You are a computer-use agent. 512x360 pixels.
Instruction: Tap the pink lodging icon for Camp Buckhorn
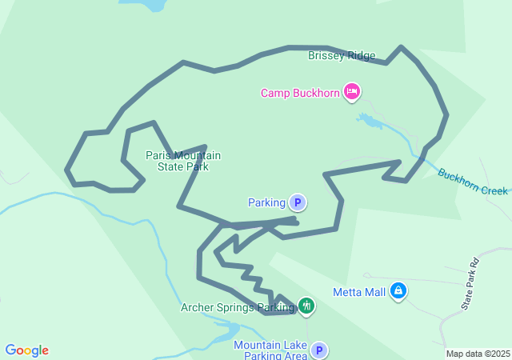[351, 92]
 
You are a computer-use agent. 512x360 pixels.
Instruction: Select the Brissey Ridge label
[342, 56]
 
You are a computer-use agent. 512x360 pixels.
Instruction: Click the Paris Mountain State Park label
[183, 161]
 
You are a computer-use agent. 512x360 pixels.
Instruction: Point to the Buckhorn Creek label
[473, 181]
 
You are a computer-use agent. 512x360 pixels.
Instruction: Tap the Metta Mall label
[359, 291]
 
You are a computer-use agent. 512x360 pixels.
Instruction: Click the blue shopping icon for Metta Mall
[398, 291]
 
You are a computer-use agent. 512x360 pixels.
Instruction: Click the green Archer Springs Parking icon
[306, 306]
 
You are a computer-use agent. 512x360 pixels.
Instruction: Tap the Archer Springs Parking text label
[238, 306]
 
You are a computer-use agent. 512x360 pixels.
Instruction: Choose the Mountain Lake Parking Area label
[270, 350]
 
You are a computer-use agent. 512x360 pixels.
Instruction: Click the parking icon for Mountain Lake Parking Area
[319, 350]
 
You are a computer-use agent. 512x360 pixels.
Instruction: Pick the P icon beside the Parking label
[298, 203]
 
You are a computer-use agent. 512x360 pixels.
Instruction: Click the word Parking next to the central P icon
[266, 203]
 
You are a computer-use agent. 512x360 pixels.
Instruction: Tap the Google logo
[27, 350]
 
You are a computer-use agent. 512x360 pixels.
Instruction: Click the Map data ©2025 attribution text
[478, 354]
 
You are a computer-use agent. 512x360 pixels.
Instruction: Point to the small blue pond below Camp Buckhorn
[370, 122]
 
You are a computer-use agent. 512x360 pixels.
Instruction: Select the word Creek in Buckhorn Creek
[494, 190]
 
